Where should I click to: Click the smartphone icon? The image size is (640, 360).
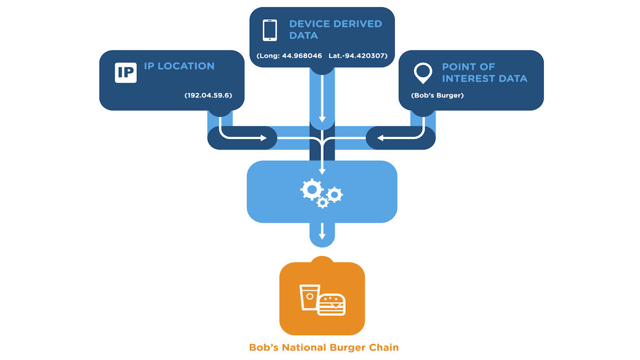coord(270,30)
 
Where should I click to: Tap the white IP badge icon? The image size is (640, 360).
coord(126,73)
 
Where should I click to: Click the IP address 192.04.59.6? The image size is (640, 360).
coord(209,95)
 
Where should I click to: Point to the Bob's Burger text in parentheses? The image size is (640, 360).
coord(437,95)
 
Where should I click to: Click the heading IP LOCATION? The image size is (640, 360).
coord(179,66)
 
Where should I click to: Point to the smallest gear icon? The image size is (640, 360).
coord(322,203)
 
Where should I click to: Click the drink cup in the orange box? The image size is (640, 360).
coord(309,297)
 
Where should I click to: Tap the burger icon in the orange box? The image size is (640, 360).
coord(332,305)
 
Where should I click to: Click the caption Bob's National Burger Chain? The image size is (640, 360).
coord(324,348)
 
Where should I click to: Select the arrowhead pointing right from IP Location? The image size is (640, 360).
coord(263,138)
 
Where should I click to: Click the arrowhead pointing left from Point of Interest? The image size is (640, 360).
coord(380,138)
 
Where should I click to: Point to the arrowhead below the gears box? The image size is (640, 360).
coord(322,235)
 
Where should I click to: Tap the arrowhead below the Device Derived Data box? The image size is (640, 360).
coord(322,121)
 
